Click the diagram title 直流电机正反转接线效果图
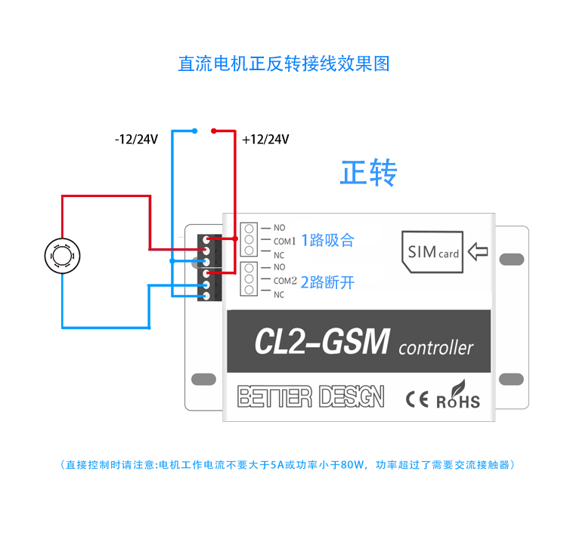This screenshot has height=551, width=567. tap(283, 64)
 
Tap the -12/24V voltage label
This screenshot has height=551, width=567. tap(137, 139)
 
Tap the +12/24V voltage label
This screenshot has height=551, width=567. tap(265, 139)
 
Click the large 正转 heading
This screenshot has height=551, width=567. tap(368, 173)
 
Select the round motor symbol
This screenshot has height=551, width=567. tap(61, 256)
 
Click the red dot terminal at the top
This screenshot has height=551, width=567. tap(215, 130)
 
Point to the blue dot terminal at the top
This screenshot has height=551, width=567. tap(195, 131)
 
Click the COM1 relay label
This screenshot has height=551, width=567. tap(285, 242)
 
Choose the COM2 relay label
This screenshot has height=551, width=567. tap(285, 281)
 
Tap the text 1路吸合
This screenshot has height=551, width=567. tap(328, 241)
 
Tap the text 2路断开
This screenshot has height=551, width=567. tap(328, 283)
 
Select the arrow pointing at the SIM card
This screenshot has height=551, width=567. tap(478, 251)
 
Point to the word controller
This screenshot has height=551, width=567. tap(435, 348)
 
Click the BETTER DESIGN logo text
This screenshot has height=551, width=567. tap(311, 397)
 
